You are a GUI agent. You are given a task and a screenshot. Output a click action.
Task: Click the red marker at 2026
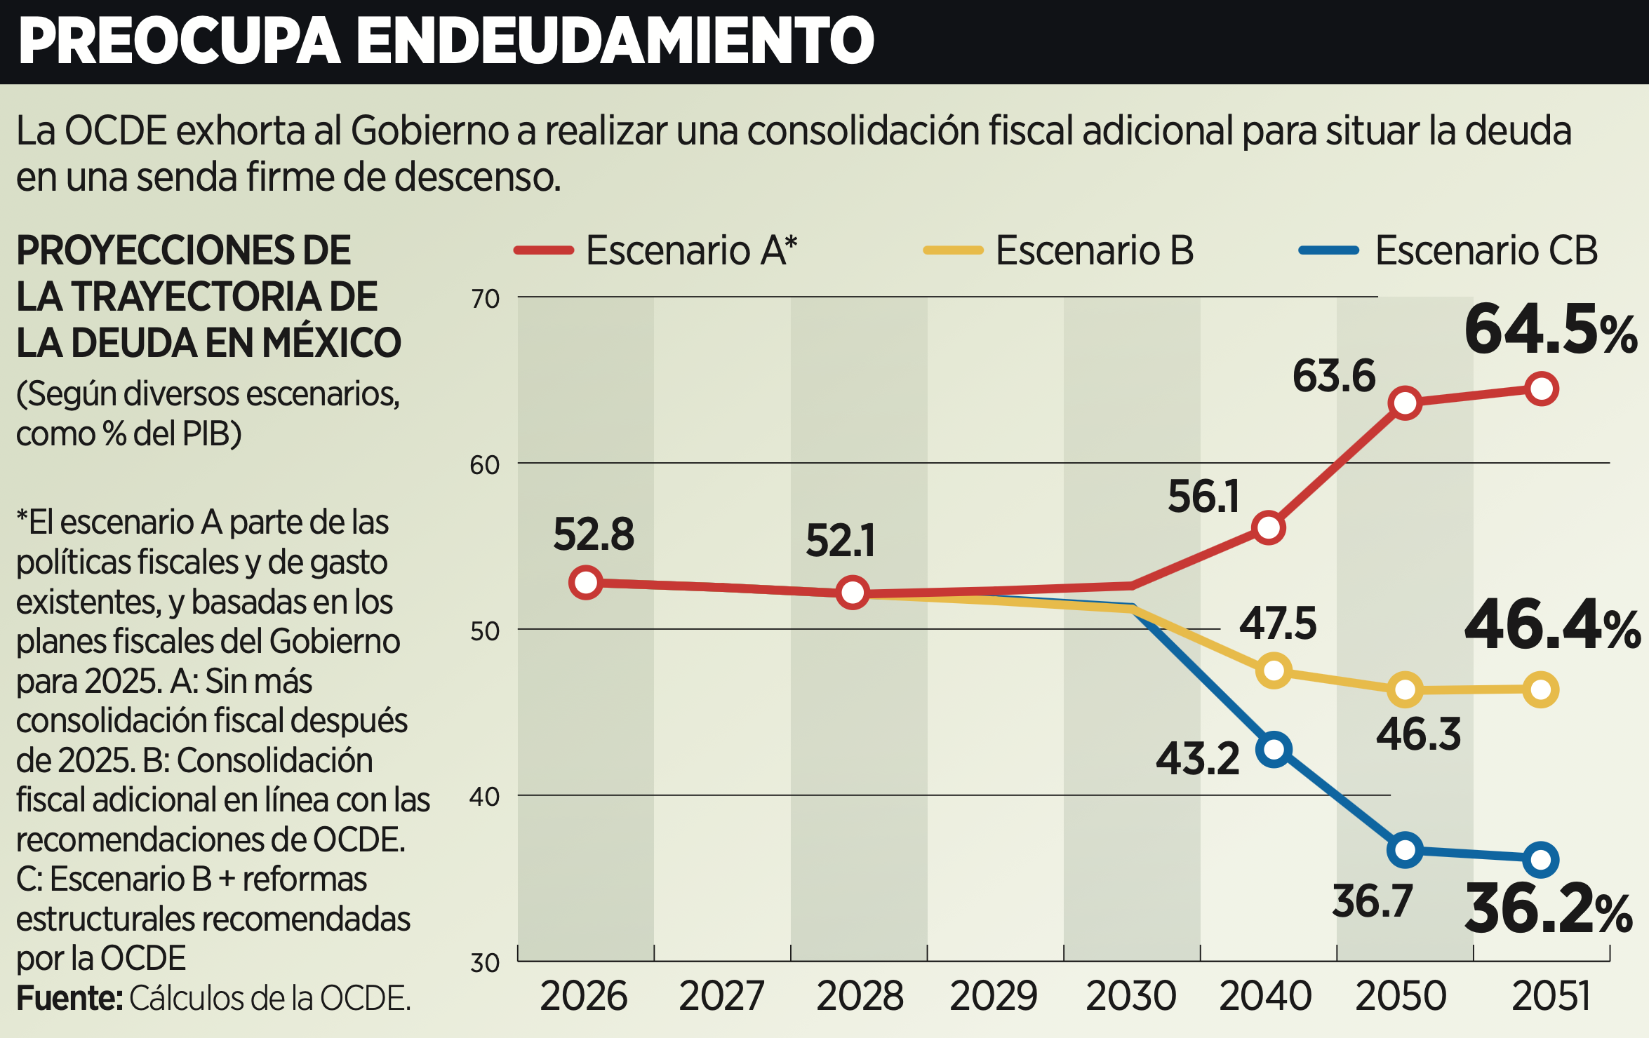point(586,582)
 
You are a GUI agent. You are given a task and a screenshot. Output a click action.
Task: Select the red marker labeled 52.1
point(853,593)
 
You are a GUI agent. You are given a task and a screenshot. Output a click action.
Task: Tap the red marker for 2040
point(1269,527)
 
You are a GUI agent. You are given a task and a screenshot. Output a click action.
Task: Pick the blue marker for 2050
point(1405,850)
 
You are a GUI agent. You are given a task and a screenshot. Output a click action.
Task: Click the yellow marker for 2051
point(1541,689)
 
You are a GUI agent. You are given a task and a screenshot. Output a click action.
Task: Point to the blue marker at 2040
point(1274,749)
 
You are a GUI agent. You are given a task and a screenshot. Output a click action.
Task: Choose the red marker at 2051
point(1541,389)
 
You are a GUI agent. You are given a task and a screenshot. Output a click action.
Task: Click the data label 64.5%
point(1551,330)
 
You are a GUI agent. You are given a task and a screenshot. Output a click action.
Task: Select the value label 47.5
point(1278,624)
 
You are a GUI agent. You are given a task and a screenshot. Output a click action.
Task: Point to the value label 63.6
point(1334,376)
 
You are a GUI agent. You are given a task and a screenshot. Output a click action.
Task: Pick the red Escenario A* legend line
point(544,251)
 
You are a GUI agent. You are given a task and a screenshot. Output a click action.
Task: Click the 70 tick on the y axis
point(485,299)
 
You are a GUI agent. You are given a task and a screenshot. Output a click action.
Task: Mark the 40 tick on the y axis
point(485,797)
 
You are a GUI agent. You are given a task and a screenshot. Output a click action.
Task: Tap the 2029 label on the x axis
point(993,996)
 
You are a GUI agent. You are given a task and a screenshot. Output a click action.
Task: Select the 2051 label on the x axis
point(1551,996)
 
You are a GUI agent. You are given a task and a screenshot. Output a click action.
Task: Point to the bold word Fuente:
point(69,998)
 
